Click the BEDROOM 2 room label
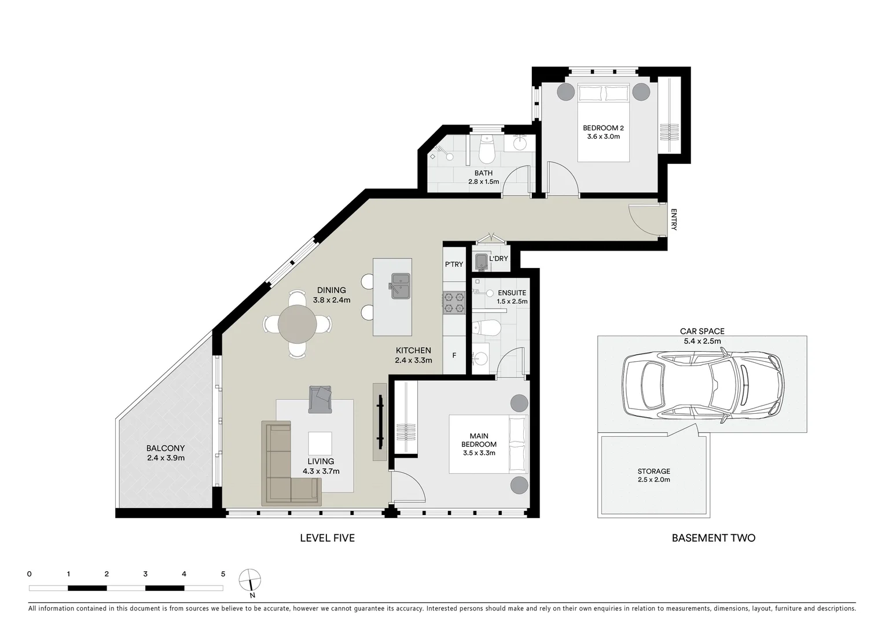tap(603, 128)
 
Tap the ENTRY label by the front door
tap(674, 220)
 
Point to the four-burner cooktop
tap(454, 303)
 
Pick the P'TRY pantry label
tap(454, 264)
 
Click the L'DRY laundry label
tap(498, 259)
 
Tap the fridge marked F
tap(454, 355)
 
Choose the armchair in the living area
tap(321, 399)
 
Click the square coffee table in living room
tap(320, 443)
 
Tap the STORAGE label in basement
tap(653, 471)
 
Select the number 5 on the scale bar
tap(223, 574)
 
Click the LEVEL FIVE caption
tap(327, 538)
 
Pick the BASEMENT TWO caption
tap(713, 538)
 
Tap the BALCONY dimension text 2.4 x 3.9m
tap(166, 458)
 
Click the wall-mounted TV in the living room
tap(380, 422)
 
